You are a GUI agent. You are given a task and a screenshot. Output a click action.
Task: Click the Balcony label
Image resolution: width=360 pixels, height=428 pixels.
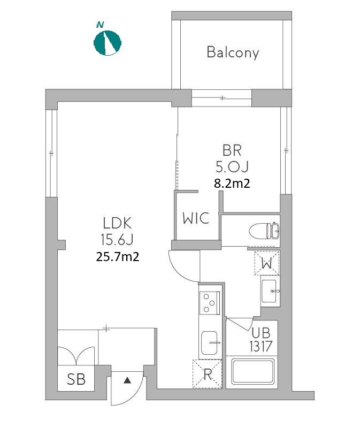(x=233, y=52)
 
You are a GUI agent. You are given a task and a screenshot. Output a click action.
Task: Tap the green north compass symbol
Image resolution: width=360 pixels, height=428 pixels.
(x=108, y=43)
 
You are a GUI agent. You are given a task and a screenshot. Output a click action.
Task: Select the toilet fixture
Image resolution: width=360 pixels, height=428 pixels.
(x=264, y=231)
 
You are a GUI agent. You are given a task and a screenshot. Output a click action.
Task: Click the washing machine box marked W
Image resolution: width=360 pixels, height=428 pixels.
(x=266, y=263)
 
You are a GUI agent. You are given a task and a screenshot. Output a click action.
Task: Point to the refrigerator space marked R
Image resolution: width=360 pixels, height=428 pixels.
(x=207, y=374)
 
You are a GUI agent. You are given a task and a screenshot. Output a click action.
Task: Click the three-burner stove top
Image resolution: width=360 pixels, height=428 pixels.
(x=210, y=303)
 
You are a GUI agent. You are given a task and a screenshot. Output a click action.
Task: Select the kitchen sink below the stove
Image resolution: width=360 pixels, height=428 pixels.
(x=210, y=343)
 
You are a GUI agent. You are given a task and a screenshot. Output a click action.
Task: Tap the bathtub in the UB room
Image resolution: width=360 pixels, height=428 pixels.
(x=252, y=371)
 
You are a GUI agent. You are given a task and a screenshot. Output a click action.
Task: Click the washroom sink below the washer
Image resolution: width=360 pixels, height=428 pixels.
(x=270, y=291)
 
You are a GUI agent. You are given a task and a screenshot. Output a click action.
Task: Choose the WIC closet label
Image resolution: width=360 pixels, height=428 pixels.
(x=196, y=218)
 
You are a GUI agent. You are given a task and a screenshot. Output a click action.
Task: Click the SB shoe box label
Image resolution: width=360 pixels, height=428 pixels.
(x=76, y=379)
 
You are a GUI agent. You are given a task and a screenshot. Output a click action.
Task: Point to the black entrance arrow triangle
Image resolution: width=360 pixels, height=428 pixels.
(x=127, y=380)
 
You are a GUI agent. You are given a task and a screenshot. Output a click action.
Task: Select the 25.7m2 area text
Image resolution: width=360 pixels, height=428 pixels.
(x=118, y=257)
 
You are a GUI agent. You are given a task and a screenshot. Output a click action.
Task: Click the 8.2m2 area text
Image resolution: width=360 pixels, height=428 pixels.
(x=232, y=183)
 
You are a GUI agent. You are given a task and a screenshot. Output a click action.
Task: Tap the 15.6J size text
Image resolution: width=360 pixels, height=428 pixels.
(x=117, y=240)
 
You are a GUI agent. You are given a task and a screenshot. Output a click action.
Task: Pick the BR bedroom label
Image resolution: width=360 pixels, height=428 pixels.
(x=232, y=150)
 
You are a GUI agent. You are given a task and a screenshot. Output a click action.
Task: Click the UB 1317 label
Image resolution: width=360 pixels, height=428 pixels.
(x=261, y=340)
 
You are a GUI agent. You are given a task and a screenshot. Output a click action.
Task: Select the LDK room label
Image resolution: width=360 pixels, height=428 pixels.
(x=117, y=223)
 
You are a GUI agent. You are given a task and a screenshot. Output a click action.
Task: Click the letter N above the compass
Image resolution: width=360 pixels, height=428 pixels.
(x=100, y=25)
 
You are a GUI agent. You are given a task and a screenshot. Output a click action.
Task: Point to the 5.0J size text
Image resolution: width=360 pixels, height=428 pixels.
(x=232, y=167)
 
